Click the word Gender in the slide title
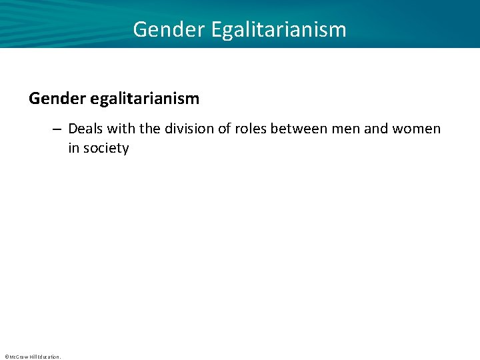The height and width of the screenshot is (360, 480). tap(159, 29)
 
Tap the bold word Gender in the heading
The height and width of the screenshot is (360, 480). tap(54, 99)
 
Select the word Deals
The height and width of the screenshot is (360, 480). tap(85, 128)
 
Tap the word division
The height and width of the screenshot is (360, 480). tap(189, 128)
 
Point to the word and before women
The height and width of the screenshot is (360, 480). tap(376, 128)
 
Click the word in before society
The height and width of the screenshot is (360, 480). tap(73, 148)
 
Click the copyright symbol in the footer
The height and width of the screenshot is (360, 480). tap(6, 357)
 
